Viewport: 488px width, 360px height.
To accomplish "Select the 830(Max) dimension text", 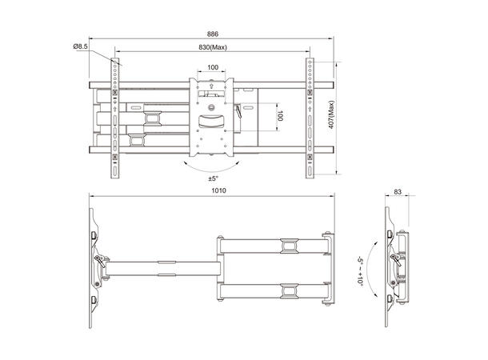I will click(x=212, y=47).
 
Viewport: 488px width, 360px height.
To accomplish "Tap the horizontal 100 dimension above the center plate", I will click(x=211, y=68).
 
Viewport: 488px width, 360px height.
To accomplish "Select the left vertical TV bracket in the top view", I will click(x=117, y=116).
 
